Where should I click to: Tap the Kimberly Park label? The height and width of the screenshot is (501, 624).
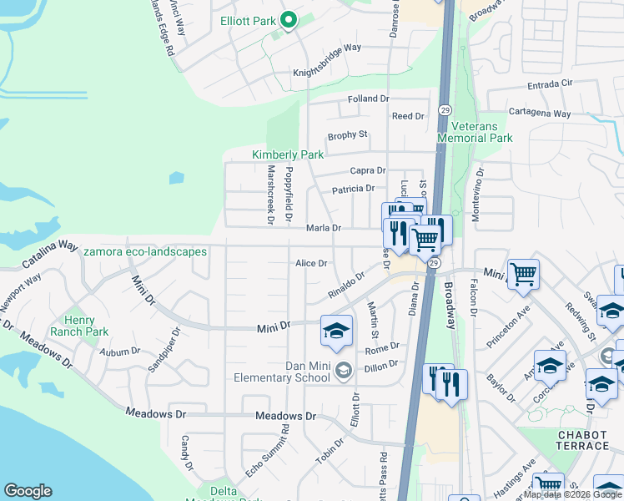coord(288,154)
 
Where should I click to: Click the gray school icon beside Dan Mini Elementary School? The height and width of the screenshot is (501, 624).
coord(343,369)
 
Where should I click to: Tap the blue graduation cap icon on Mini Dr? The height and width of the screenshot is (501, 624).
coord(335,331)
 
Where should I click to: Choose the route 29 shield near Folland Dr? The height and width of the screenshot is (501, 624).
coord(445,109)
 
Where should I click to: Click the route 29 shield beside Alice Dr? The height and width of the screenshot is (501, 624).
coord(434,263)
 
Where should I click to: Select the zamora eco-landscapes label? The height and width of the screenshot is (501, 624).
coord(145,251)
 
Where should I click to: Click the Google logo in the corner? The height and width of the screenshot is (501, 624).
coord(28,491)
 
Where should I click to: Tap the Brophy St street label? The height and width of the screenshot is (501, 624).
coord(347,134)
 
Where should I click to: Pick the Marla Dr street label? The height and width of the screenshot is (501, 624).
coord(324,228)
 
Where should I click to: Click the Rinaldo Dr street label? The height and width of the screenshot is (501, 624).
coord(346,287)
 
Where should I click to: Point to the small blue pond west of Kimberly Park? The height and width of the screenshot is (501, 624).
coord(175,178)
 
